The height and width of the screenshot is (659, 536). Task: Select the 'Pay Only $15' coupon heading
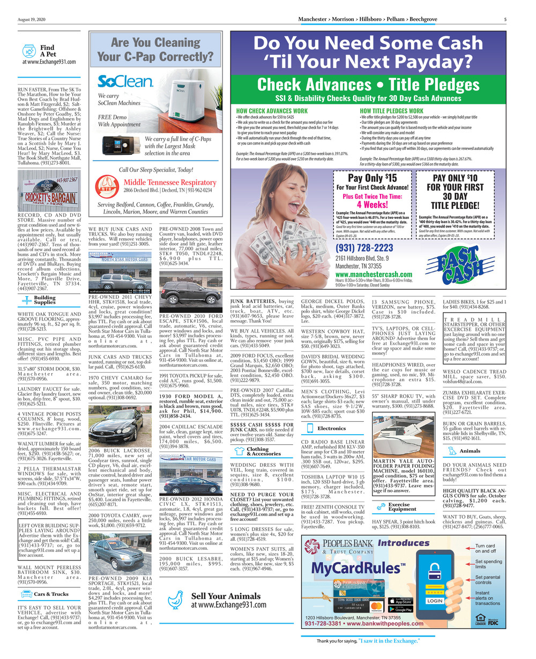[x=373, y=178]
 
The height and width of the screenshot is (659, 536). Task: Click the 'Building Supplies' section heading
[x=44, y=300]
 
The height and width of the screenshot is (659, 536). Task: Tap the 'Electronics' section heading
[x=331, y=428]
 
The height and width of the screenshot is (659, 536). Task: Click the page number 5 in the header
[x=505, y=20]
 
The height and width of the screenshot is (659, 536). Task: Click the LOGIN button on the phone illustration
[x=435, y=601]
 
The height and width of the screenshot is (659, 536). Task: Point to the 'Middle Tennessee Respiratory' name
[x=170, y=183]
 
